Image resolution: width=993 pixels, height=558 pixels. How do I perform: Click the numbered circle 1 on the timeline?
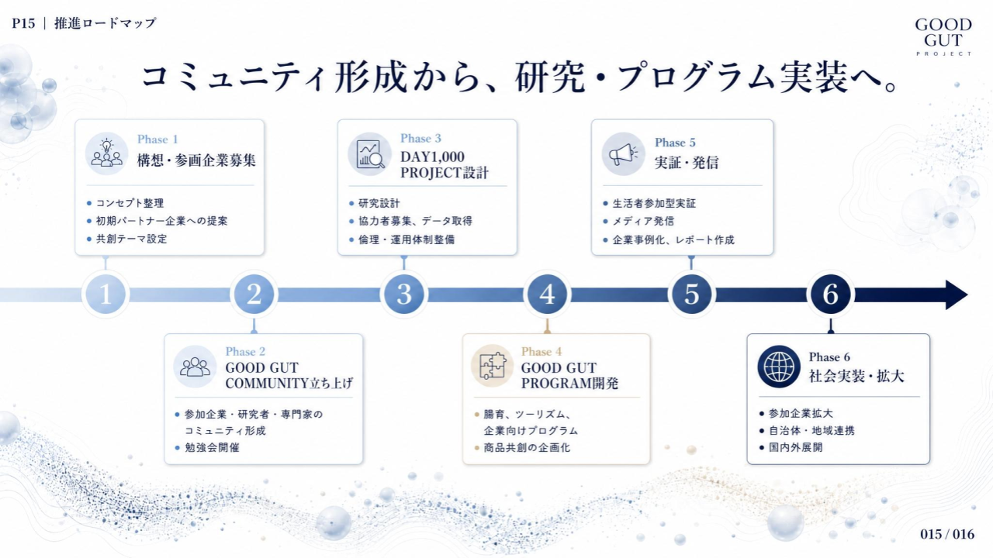tap(106, 294)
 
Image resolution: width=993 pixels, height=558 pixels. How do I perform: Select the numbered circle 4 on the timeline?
tap(547, 294)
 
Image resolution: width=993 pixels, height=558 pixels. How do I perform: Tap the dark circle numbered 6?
tap(831, 294)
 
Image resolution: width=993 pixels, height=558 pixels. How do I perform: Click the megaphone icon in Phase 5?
tap(623, 154)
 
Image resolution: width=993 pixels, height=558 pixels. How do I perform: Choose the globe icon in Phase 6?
tap(779, 367)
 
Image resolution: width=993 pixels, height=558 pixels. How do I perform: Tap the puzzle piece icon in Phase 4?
tap(492, 366)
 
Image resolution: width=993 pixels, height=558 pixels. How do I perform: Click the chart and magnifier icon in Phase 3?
tap(369, 154)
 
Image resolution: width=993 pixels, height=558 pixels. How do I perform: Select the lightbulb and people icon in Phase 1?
tap(106, 153)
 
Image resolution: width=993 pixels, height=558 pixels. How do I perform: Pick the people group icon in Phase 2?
tap(195, 367)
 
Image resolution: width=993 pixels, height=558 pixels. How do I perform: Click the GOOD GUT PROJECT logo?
tap(943, 36)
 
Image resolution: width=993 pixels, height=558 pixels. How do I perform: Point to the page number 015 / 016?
tap(947, 534)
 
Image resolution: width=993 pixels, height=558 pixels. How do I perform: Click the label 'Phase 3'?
tap(420, 138)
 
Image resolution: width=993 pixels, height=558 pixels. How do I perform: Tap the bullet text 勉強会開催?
tap(212, 447)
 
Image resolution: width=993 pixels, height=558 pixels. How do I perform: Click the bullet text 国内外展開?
tap(796, 447)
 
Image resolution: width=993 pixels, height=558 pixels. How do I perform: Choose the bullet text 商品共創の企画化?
tap(527, 448)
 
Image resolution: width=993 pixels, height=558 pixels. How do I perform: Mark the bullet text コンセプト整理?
tap(130, 203)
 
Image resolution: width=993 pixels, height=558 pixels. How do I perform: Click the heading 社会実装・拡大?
tap(856, 376)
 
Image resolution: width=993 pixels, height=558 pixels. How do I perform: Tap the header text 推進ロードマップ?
tap(106, 23)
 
